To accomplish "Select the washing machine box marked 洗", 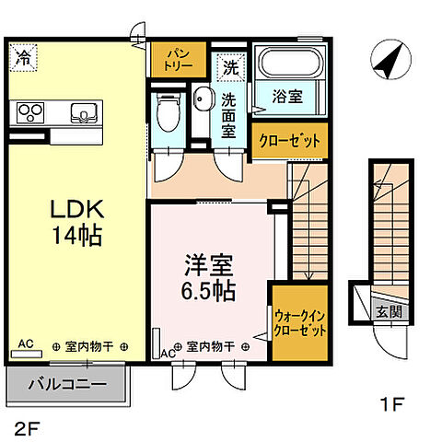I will pos(230,67).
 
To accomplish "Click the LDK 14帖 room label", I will pos(76,221).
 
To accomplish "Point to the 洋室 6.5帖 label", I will pos(208,278).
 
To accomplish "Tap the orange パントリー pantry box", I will pos(172,60).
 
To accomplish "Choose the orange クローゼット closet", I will pos(289,141).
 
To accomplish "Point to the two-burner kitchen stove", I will pos(29,113).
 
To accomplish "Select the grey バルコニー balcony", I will pos(65,382).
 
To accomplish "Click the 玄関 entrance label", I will pos(388,311).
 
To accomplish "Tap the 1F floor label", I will pos(393,402).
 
